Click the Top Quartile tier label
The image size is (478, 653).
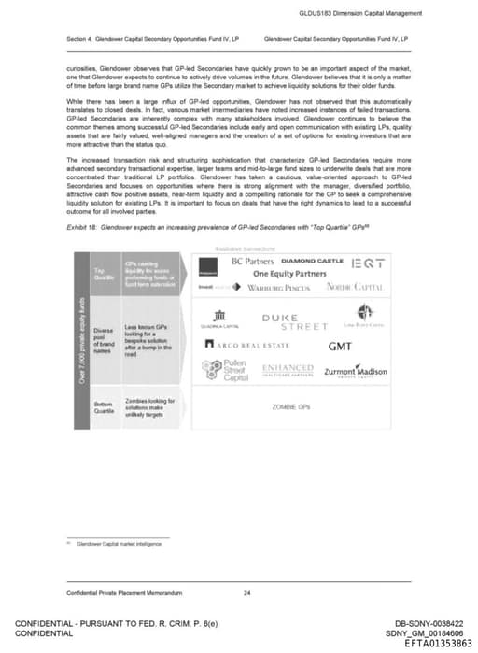click(x=102, y=274)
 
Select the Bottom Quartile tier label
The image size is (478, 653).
click(x=103, y=408)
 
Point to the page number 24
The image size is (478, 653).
click(x=246, y=594)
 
